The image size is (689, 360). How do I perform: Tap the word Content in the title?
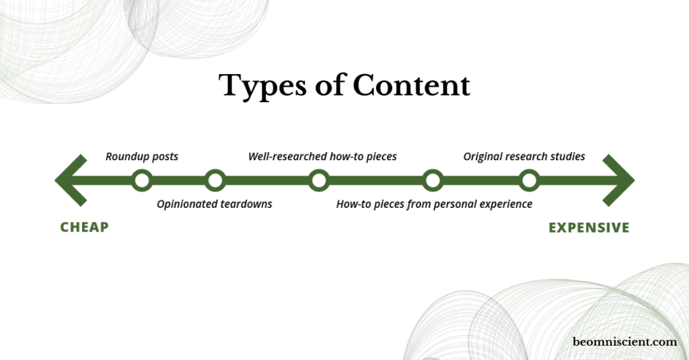[x=411, y=85]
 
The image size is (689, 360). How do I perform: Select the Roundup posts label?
[x=142, y=157]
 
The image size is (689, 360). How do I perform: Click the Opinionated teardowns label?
[x=215, y=205]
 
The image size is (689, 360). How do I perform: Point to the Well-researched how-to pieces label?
[x=322, y=157]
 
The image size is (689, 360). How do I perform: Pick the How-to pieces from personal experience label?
[x=434, y=205]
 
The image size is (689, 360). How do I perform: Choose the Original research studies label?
[x=524, y=157]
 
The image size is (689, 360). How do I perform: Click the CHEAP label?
[x=84, y=227]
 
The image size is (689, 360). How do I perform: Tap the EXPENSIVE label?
[x=589, y=227]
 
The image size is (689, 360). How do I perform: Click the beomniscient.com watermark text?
[x=624, y=342]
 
